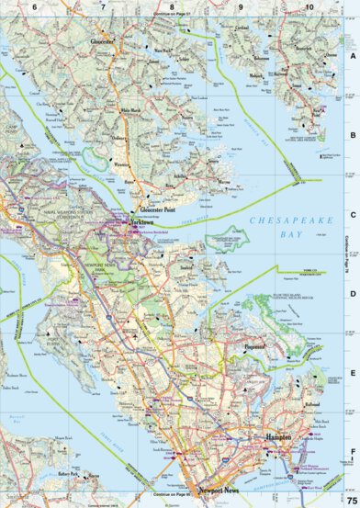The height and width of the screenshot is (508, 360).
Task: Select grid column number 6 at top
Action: coord(35,7)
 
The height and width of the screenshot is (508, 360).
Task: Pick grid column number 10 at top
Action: coord(309,7)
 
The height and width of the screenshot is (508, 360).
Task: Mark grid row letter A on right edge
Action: coord(353,56)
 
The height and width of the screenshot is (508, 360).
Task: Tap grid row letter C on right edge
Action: coord(353,216)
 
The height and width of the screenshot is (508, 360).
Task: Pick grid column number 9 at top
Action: coord(241,7)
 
